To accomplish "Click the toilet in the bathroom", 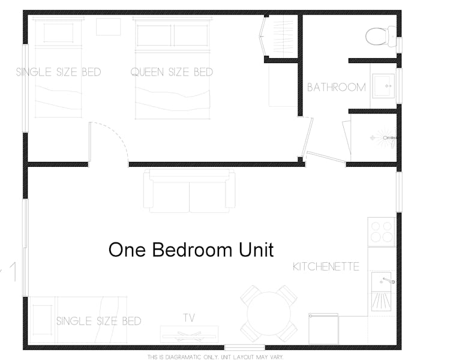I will (380, 35).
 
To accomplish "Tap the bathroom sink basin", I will (382, 86).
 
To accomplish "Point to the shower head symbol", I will (386, 139).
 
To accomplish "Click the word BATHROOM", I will (336, 87).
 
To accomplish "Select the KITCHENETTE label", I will (326, 266).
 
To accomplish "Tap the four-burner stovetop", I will (382, 231).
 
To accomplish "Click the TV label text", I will (189, 317).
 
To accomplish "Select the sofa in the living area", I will (189, 191).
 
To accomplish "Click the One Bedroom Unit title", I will (191, 249).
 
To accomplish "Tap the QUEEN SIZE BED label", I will (172, 72).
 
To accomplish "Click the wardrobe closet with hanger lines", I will (281, 36).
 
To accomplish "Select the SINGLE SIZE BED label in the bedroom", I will (58, 72).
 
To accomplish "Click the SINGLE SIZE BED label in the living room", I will (98, 321).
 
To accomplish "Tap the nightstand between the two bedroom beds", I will (109, 27).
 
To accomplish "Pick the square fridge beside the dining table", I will (323, 328).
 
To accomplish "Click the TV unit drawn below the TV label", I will (189, 333).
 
